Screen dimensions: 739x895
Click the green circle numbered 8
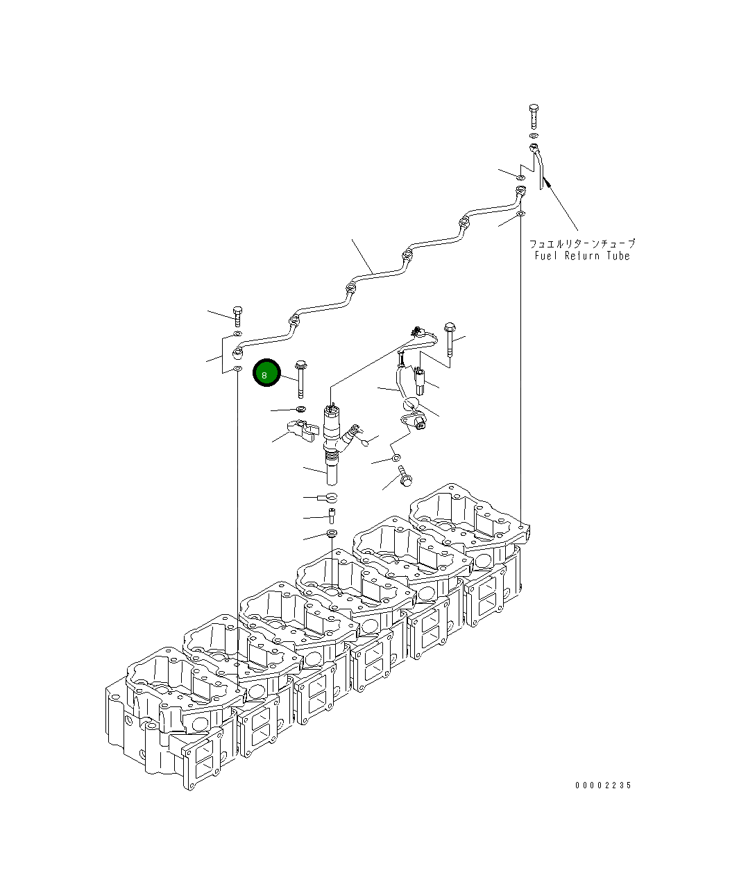tap(266, 372)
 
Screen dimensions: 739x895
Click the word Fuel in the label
tap(546, 256)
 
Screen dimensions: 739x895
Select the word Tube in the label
tap(618, 256)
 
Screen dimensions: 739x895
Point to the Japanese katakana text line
tap(582, 244)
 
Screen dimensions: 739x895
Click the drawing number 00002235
tap(604, 785)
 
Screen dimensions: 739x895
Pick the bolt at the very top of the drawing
tap(534, 116)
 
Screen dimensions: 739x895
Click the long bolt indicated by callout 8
tap(301, 379)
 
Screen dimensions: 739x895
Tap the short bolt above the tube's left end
tap(237, 317)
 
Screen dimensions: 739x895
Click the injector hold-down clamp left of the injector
tap(303, 430)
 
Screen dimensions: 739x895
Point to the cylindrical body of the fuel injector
tap(331, 446)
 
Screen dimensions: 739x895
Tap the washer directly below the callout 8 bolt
tap(301, 408)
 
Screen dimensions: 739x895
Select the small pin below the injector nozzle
tap(332, 516)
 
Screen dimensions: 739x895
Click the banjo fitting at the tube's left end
tap(237, 353)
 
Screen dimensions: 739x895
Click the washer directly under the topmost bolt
tap(534, 136)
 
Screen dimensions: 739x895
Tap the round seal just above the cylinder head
tap(332, 533)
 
